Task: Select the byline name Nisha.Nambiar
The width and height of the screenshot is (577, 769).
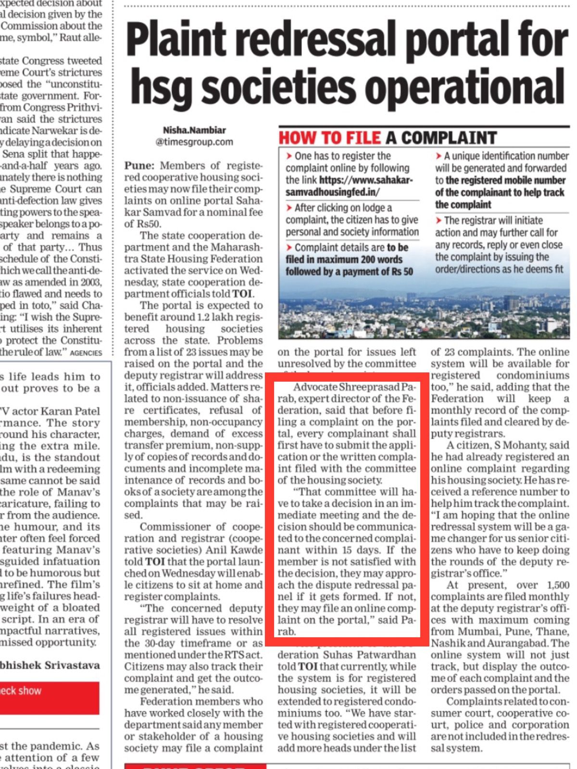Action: (194, 130)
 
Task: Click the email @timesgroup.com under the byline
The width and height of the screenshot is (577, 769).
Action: (194, 142)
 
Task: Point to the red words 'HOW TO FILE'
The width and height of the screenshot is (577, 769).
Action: (330, 138)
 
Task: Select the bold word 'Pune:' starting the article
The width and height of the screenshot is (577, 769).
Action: (140, 166)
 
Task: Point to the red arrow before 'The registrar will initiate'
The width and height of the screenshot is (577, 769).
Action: (439, 221)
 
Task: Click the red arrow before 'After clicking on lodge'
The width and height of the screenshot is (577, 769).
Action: (289, 208)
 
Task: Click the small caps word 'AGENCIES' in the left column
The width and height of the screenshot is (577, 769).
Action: (86, 353)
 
